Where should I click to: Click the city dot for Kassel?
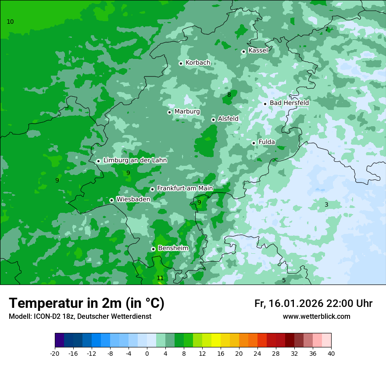243,51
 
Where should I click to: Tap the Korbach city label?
198,63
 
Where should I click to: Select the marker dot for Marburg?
169,112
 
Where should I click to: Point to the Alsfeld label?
228,119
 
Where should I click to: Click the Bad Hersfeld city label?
289,103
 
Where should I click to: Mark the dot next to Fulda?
254,143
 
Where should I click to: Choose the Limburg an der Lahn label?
135,161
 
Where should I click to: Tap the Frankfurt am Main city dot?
152,189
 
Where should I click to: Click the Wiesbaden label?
133,199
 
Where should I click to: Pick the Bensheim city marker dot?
153,249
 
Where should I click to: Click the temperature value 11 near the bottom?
160,278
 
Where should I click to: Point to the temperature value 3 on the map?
326,204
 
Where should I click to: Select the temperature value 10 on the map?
11,22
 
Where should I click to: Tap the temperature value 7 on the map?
326,29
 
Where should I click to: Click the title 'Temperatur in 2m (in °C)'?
86,303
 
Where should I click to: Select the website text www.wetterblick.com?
316,317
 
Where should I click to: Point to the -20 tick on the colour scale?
55,353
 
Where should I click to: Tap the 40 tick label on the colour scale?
331,353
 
